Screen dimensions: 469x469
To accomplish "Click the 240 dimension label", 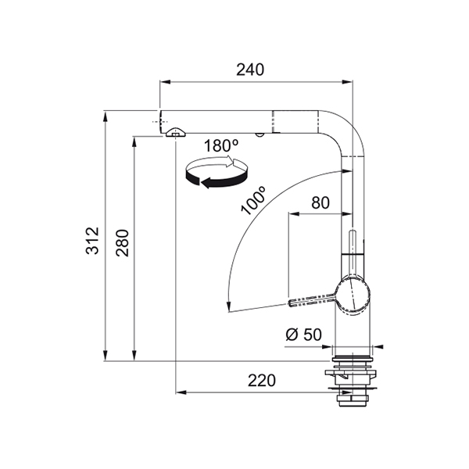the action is tap(250, 70).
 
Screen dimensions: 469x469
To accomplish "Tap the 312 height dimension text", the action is tap(92, 241).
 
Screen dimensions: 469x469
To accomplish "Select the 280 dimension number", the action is tap(123, 243).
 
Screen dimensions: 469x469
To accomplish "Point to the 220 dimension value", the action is tap(261, 381).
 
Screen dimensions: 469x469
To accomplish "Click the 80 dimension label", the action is tap(320, 202).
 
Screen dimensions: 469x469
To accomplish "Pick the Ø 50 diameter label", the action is tap(303, 334).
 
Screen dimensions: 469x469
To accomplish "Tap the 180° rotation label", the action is tap(221, 146).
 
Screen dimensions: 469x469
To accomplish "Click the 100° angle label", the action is tap(253, 200).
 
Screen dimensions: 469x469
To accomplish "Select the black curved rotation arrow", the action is tap(216, 180).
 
